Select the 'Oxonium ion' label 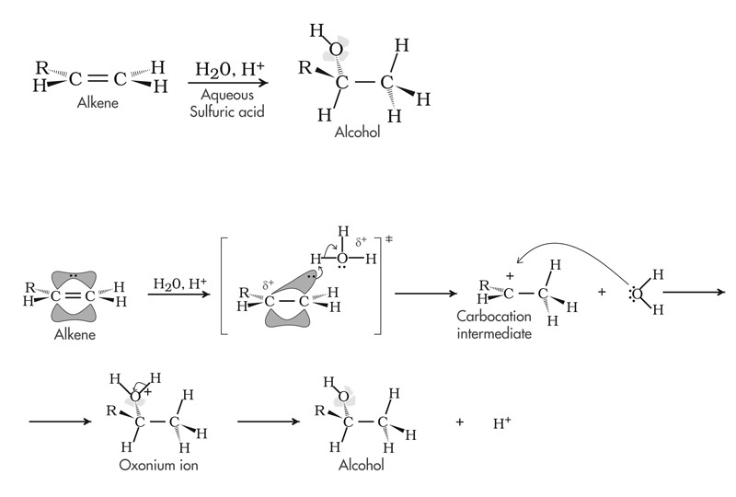[x=158, y=465]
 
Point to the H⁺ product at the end [x=501, y=423]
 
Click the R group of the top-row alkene [x=40, y=68]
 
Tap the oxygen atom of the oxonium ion [x=134, y=396]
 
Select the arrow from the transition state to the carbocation [x=426, y=294]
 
